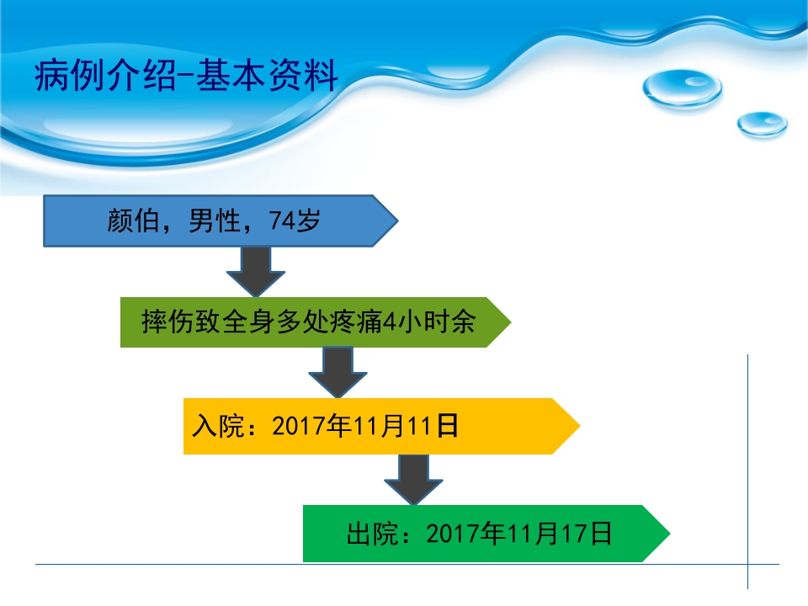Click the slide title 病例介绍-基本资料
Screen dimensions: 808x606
186,75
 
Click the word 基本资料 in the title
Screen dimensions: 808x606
267,75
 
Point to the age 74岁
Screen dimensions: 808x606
295,221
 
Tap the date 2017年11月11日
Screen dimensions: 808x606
364,427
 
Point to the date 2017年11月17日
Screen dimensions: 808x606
519,534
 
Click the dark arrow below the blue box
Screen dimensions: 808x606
256,272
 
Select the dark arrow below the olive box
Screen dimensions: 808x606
338,372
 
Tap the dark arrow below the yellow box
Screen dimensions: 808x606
414,480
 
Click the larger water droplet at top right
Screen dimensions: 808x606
683,88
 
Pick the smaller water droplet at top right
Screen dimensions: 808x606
763,125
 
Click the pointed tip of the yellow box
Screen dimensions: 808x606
580,426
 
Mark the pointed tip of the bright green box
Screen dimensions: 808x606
669,534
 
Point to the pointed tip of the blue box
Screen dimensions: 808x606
398,221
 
